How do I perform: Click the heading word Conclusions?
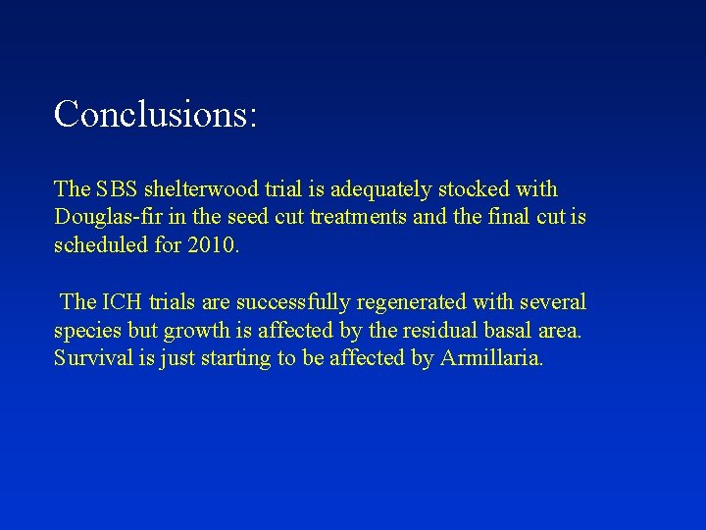(x=154, y=114)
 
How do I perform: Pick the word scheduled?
(x=99, y=245)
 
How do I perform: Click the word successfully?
(x=291, y=302)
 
